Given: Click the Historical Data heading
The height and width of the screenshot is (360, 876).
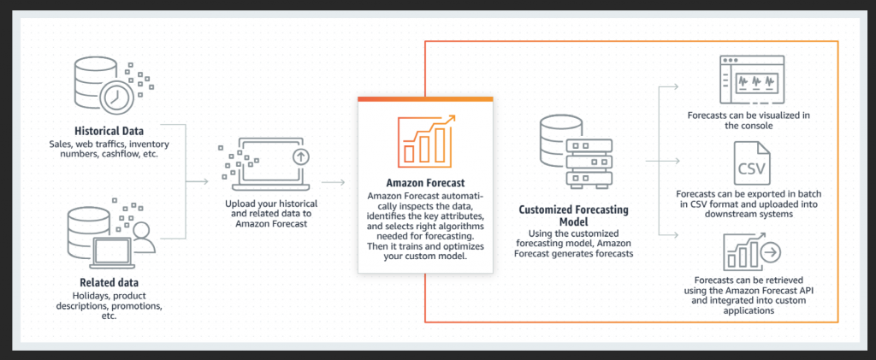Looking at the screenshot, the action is tap(109, 131).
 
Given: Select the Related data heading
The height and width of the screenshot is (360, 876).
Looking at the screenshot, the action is tap(109, 282).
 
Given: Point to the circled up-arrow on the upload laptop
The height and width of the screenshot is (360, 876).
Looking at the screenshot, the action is tap(300, 156).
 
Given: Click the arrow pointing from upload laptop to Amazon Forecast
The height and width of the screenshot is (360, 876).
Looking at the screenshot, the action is tap(334, 182).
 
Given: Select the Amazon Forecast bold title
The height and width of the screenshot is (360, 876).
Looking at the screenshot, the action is tap(426, 184).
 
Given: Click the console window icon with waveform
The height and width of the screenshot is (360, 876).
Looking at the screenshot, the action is tap(749, 80).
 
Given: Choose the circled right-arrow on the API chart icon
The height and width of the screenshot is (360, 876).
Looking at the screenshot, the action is tap(772, 253).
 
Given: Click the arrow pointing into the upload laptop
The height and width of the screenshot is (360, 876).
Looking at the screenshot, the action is tap(198, 182).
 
